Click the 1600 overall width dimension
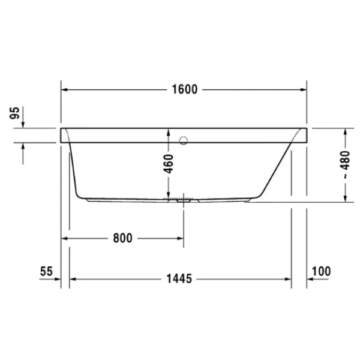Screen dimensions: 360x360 (x=184, y=90)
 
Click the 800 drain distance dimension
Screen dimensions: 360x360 (x=122, y=238)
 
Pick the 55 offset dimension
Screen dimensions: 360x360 (x=47, y=271)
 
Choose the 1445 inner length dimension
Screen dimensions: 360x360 (x=179, y=279)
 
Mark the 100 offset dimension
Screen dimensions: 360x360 (x=321, y=271)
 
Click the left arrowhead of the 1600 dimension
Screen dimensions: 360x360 (x=66, y=90)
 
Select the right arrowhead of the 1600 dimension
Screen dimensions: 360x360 (x=304, y=90)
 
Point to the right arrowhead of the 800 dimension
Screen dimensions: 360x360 (x=181, y=238)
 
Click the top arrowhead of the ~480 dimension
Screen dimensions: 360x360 (x=346, y=132)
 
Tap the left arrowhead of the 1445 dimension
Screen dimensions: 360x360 (x=74, y=279)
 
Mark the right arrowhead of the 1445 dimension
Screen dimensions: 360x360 (x=288, y=279)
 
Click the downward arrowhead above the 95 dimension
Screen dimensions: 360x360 (x=23, y=124)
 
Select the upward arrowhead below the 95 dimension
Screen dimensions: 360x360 (x=23, y=146)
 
